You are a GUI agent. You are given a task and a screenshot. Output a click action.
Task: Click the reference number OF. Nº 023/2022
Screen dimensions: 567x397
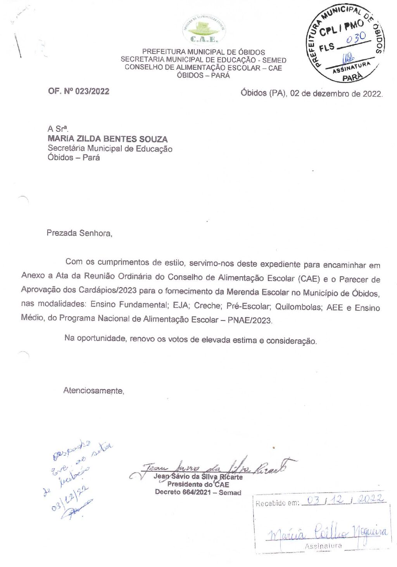[79, 91]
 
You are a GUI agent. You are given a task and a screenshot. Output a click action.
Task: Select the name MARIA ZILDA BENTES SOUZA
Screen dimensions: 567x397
[107, 139]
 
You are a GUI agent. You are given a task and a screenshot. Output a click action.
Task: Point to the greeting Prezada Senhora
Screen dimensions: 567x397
[79, 233]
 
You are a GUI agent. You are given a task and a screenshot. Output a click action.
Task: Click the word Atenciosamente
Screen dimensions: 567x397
[93, 391]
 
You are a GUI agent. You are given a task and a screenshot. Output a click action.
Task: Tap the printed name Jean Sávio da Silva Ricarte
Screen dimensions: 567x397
[198, 477]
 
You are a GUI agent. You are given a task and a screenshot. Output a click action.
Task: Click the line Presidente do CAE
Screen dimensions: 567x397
[198, 484]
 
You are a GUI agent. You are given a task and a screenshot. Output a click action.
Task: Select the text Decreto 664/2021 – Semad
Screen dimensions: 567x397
[198, 492]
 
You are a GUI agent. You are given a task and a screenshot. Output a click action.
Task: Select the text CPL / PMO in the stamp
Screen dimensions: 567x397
[342, 28]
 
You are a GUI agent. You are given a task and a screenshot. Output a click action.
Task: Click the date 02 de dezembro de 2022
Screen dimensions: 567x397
[336, 94]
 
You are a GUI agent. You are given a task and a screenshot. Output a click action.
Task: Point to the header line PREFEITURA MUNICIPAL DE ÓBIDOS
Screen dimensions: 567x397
[204, 52]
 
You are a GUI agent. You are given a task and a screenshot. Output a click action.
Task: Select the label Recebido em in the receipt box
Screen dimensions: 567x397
[277, 503]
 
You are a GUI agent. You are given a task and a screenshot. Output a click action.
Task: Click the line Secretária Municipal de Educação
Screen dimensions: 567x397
[110, 149]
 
